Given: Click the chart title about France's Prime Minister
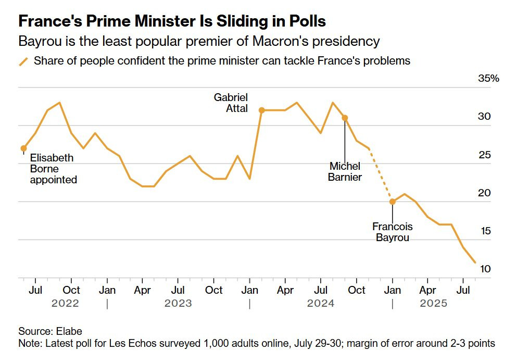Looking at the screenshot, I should click(172, 21).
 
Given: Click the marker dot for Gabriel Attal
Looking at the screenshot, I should click(262, 110).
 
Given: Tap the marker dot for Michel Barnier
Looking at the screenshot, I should click(345, 118).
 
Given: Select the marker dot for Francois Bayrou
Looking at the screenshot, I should click(393, 202).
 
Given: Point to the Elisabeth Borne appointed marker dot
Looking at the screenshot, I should click(23, 148).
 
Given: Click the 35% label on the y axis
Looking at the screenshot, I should click(488, 79).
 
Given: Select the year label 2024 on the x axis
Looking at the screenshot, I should click(321, 303).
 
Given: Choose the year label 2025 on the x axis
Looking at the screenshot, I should click(433, 303).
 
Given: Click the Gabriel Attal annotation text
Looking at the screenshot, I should click(231, 103).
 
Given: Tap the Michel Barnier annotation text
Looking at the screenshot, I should click(345, 171).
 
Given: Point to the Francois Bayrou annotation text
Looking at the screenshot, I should click(393, 232).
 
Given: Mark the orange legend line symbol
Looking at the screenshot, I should click(23, 61).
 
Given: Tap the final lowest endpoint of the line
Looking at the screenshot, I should click(474, 262).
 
